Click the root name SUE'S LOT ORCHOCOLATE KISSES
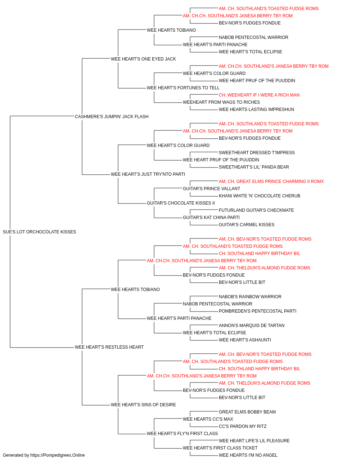click(x=40, y=232)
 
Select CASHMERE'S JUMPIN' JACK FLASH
click(x=112, y=117)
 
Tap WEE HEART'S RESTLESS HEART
click(x=109, y=347)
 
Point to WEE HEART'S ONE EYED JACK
click(x=143, y=59)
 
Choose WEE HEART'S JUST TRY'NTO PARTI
click(x=148, y=174)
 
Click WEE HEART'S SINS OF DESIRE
click(x=143, y=405)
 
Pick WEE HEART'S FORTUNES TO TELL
click(x=183, y=88)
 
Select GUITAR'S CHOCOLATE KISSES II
click(x=181, y=203)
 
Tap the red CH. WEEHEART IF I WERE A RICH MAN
click(x=259, y=95)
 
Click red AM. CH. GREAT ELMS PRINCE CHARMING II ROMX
click(x=271, y=182)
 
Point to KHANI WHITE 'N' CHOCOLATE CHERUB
click(x=260, y=196)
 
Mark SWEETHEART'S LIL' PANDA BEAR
click(x=254, y=167)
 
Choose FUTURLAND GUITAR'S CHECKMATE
click(x=256, y=210)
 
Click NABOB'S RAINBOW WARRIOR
click(x=250, y=296)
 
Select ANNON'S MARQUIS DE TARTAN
click(x=252, y=326)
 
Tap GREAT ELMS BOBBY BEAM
click(x=247, y=412)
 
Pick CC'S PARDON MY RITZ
click(x=243, y=426)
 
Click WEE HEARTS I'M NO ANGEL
click(x=248, y=455)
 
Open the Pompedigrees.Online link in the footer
click(x=57, y=455)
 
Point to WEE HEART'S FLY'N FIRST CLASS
click(x=182, y=434)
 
